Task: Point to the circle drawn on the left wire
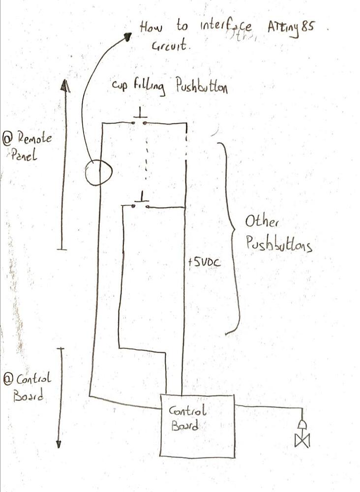coord(98,172)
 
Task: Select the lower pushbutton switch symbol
coord(141,202)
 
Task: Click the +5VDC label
coord(204,262)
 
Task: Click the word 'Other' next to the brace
coord(262,222)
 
